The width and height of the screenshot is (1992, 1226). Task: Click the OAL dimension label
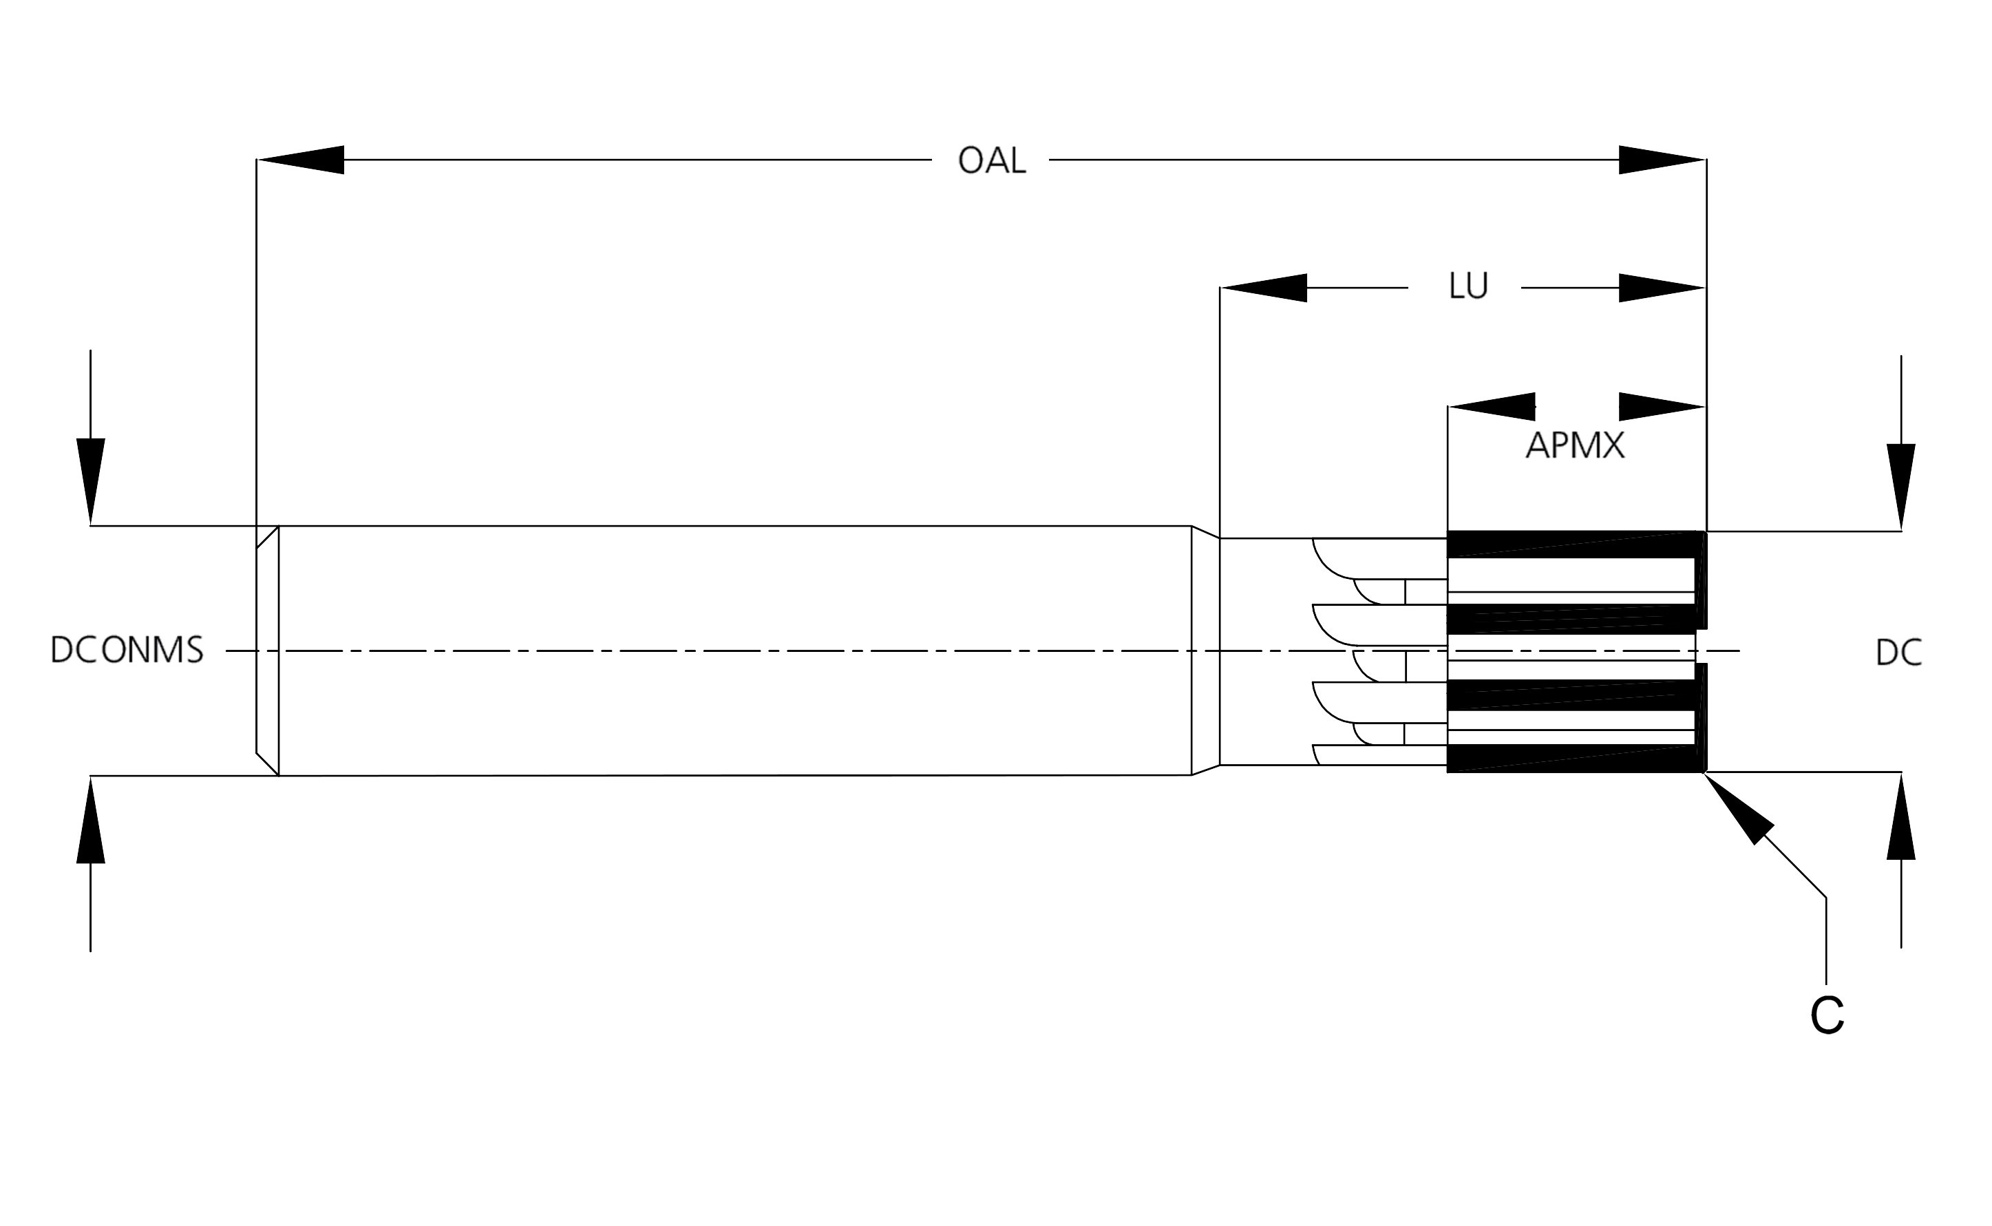click(x=990, y=160)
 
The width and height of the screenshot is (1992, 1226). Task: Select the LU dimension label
click(x=1467, y=286)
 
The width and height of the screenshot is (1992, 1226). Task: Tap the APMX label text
click(x=1574, y=446)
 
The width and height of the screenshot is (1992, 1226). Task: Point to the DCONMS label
click(x=127, y=651)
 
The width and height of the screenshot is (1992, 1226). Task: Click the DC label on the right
click(x=1898, y=653)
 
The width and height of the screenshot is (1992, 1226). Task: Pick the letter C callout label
click(x=1827, y=1015)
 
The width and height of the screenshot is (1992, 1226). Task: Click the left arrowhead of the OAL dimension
click(x=300, y=160)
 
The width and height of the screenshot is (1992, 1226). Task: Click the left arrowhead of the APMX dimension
click(x=1492, y=406)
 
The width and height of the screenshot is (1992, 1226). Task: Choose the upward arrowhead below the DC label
click(x=1901, y=816)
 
